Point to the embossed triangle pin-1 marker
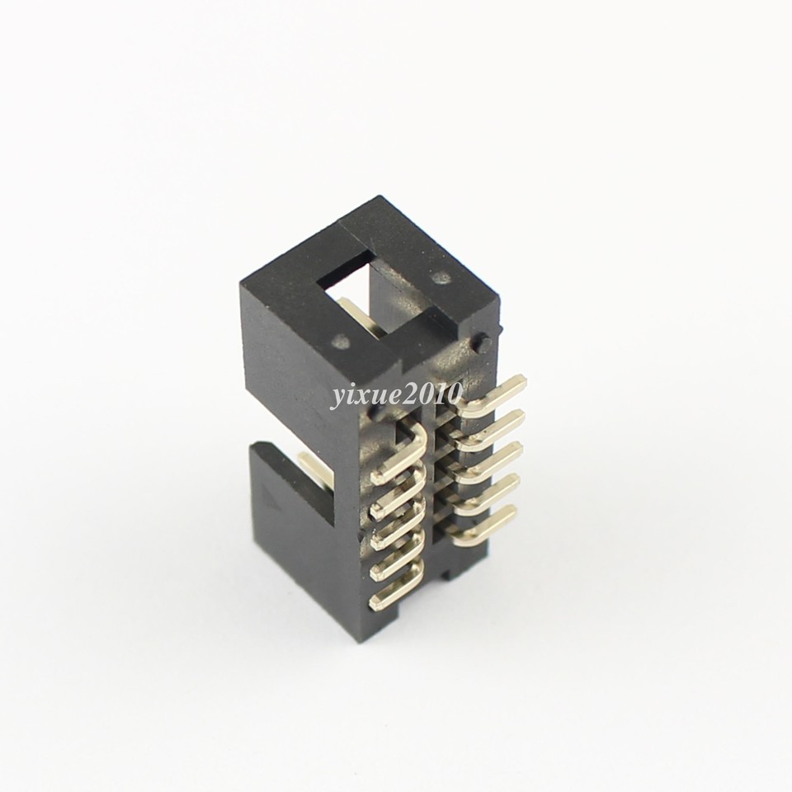269,497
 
